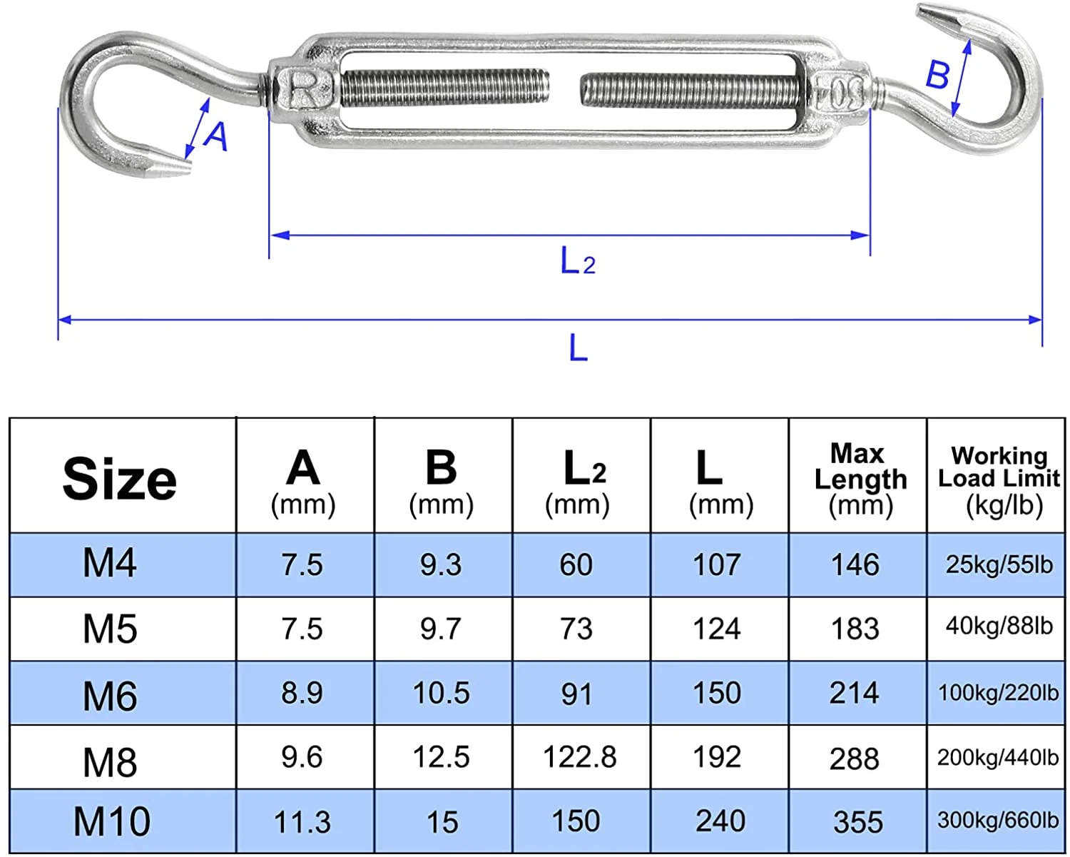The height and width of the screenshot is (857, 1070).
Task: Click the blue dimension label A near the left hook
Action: click(x=216, y=136)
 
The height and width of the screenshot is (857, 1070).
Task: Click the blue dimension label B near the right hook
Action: click(x=937, y=74)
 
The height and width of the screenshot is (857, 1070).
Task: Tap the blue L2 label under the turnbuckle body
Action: click(x=577, y=261)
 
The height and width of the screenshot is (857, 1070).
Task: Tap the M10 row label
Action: click(x=112, y=821)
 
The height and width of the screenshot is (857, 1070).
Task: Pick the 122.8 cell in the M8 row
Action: click(x=579, y=757)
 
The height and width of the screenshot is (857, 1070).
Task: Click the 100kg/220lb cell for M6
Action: click(x=998, y=692)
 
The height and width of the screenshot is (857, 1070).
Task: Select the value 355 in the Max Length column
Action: click(x=857, y=822)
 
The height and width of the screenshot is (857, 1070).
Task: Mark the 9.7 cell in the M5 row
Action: click(x=440, y=629)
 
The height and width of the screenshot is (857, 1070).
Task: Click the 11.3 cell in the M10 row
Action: click(x=302, y=822)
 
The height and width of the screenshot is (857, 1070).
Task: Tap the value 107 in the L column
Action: click(x=717, y=564)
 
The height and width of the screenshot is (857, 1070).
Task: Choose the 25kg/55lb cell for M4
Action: click(x=999, y=564)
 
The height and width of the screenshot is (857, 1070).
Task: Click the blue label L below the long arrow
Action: click(x=578, y=349)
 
